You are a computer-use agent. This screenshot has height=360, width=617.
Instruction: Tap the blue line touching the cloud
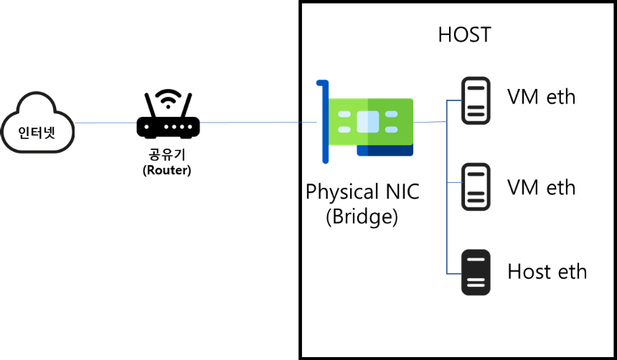tap(105, 123)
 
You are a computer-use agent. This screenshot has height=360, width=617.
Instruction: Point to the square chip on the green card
tap(368, 122)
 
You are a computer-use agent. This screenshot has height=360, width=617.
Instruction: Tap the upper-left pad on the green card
tap(344, 114)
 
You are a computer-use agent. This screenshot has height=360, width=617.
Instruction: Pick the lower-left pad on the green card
tap(344, 130)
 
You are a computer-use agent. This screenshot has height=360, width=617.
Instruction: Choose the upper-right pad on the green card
tap(391, 114)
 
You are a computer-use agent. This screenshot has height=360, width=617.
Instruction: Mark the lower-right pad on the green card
tap(391, 130)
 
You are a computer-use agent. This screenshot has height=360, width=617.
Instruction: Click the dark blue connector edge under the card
tap(385, 151)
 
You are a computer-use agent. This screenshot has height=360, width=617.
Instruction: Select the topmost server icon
tap(476, 100)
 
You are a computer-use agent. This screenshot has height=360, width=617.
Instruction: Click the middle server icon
tap(476, 186)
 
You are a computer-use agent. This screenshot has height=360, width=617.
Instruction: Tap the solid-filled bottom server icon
tap(476, 273)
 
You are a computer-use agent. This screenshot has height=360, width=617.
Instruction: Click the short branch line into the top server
tap(454, 100)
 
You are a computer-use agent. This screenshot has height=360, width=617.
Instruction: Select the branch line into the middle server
tap(454, 183)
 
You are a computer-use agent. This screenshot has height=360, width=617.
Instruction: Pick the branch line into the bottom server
tap(454, 274)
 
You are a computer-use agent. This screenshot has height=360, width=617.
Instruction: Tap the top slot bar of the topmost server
tap(476, 88)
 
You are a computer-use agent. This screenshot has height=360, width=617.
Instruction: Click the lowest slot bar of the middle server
tap(476, 201)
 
